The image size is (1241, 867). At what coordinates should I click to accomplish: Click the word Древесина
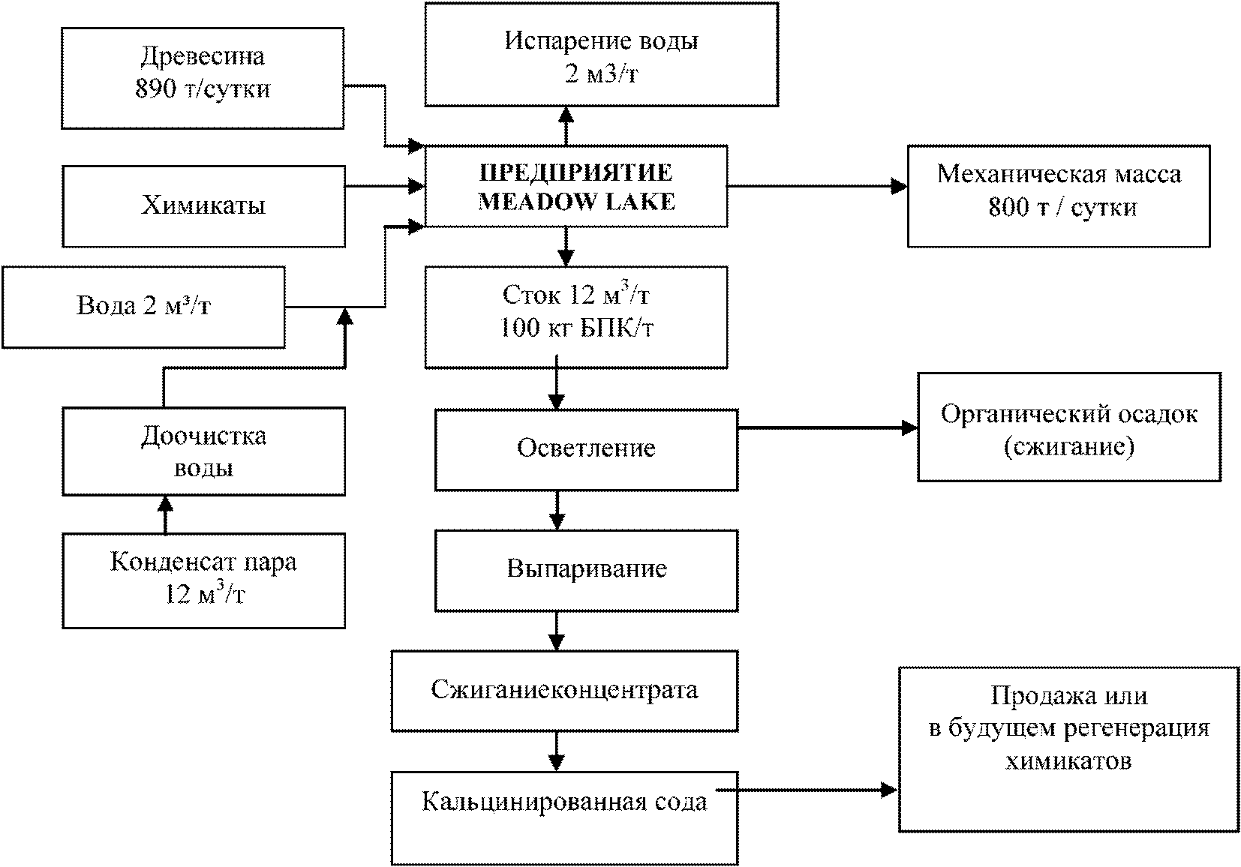(x=203, y=56)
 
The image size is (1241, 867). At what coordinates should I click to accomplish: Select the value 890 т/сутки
(x=203, y=88)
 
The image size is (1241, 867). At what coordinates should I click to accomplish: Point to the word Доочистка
(x=204, y=437)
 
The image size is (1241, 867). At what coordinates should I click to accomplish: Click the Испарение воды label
(x=601, y=40)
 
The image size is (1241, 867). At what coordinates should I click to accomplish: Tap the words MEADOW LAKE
(x=577, y=202)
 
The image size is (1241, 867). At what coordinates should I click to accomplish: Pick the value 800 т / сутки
(x=1062, y=208)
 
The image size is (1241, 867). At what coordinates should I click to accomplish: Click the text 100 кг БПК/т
(x=577, y=328)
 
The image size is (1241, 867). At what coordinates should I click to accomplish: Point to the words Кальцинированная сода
(x=564, y=802)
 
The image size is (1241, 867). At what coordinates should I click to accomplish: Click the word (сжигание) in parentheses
(x=1069, y=447)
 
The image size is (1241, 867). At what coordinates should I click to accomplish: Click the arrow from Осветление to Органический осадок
(x=828, y=427)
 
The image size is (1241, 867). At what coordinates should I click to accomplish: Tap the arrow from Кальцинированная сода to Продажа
(x=807, y=790)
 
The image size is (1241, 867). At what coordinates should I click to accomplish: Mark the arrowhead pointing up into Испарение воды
(x=566, y=115)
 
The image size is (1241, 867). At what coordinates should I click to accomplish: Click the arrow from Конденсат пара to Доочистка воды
(x=165, y=514)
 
